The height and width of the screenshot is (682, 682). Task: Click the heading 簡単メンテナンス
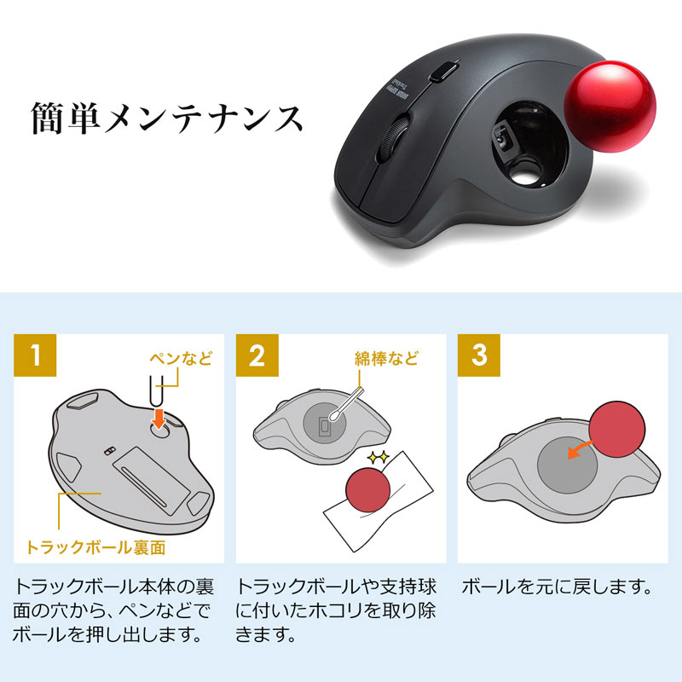(167, 118)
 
